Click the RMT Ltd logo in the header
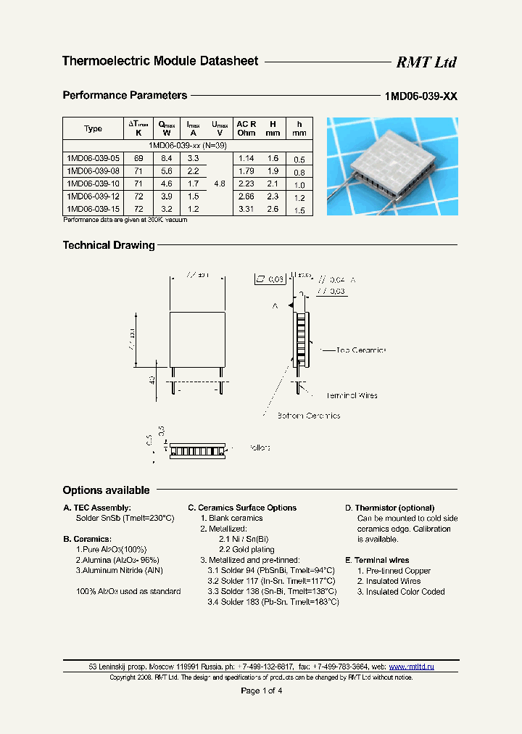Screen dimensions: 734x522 (426, 62)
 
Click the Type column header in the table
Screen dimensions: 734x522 (93, 129)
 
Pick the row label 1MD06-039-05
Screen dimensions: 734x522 (94, 158)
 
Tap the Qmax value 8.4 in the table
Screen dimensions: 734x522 (166, 158)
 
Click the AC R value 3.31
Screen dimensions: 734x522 (246, 209)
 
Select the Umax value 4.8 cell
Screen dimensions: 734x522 (220, 184)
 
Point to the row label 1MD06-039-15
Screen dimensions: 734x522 (94, 209)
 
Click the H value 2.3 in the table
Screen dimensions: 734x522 (272, 197)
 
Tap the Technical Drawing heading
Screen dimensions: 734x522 (109, 246)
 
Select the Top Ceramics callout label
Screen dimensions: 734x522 (360, 350)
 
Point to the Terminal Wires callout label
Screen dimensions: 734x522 (352, 395)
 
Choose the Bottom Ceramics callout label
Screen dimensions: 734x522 (308, 416)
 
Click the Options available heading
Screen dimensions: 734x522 (106, 491)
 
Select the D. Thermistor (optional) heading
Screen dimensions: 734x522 (389, 508)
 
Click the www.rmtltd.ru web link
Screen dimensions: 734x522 (411, 667)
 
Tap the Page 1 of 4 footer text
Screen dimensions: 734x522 (261, 690)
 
